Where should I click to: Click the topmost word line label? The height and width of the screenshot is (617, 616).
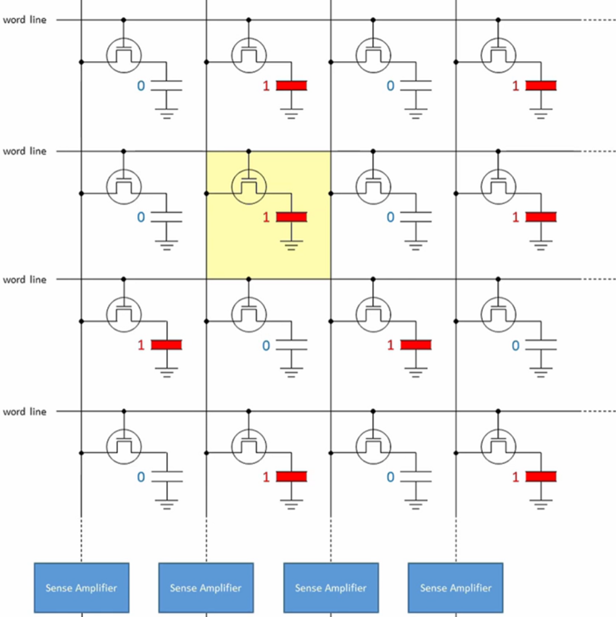click(x=24, y=20)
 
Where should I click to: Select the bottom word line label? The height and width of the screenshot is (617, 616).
click(x=24, y=412)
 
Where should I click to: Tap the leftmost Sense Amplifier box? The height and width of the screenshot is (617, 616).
click(x=81, y=587)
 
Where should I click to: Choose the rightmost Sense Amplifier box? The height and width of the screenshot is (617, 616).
click(x=455, y=587)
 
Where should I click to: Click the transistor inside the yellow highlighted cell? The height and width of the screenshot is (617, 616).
click(x=249, y=185)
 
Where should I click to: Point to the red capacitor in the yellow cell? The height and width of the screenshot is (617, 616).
click(x=291, y=217)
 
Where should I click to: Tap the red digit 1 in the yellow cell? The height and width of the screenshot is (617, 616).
click(x=266, y=218)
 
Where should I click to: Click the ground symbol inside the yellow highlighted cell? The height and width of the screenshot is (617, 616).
click(x=291, y=244)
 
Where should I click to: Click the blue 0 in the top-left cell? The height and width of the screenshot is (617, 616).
click(x=141, y=86)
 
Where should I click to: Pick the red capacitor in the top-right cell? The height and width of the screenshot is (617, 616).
click(x=540, y=86)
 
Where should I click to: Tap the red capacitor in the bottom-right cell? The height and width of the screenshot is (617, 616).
click(x=540, y=476)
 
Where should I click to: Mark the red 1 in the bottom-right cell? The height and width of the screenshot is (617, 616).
click(x=515, y=477)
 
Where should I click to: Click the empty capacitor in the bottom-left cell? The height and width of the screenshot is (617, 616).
click(x=167, y=476)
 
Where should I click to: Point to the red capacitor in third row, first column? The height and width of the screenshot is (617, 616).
click(x=167, y=345)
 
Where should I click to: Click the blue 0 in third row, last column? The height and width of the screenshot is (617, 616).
click(x=515, y=345)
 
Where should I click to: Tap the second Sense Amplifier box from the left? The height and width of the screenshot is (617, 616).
click(x=206, y=587)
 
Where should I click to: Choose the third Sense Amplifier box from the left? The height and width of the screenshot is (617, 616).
click(x=331, y=587)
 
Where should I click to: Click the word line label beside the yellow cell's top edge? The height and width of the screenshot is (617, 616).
click(x=24, y=151)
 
